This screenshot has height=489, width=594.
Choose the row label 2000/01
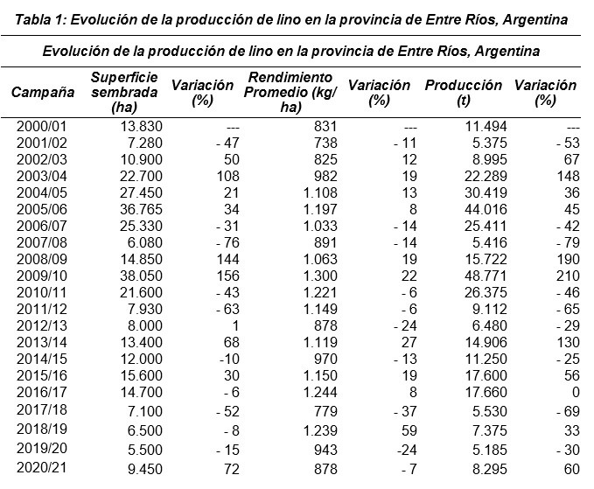point(41,127)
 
